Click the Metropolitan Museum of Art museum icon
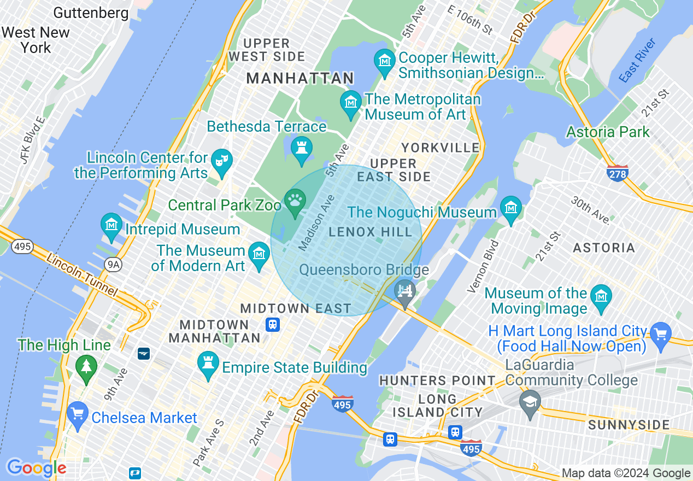(350, 102)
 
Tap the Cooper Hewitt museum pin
(385, 61)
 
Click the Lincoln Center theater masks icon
(222, 161)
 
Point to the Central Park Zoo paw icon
(295, 201)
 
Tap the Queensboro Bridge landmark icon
(405, 290)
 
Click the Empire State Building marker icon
(208, 363)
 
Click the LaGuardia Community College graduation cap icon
(530, 402)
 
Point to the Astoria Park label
(608, 132)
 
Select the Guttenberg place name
(91, 13)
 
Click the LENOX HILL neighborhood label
(371, 232)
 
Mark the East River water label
(637, 60)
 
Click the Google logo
(36, 468)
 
